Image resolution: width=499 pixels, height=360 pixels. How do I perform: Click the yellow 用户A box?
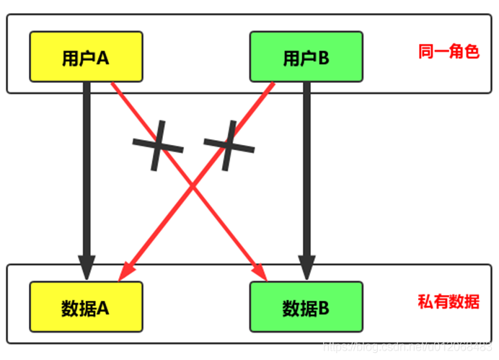tap(86, 57)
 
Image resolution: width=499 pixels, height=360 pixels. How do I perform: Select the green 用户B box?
tap(306, 57)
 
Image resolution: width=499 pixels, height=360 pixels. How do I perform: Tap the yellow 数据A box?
tap(86, 307)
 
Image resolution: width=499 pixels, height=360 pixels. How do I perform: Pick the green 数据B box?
tap(306, 307)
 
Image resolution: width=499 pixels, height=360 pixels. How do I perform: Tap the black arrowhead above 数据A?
tap(87, 269)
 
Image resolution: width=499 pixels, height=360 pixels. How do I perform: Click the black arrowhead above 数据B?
tap(306, 269)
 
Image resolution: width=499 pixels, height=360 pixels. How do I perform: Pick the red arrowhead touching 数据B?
tap(262, 273)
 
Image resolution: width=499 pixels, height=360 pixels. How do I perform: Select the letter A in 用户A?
tap(102, 58)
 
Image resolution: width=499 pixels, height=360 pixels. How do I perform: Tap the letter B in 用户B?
tap(323, 58)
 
